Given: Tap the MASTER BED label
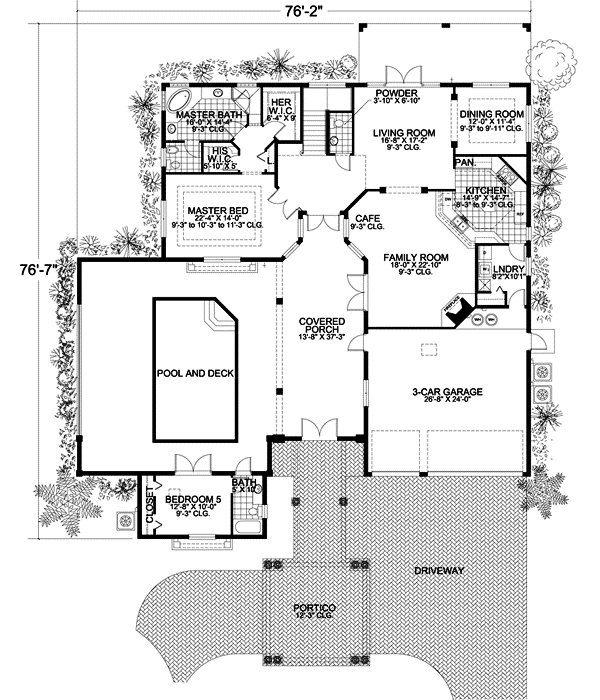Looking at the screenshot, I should (x=218, y=212).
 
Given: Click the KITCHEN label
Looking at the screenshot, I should (x=485, y=189).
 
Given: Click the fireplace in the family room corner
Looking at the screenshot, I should (x=456, y=314).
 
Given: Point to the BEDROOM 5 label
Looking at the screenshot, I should (x=192, y=498).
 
